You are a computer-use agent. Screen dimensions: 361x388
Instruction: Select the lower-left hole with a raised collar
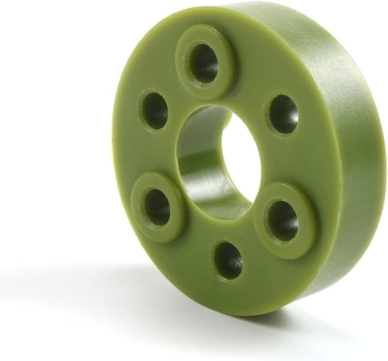(157, 207)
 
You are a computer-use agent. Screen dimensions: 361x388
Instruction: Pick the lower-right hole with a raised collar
(283, 220)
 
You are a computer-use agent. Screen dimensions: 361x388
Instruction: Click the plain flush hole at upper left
(155, 110)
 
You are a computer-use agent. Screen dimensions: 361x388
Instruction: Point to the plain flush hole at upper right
(284, 114)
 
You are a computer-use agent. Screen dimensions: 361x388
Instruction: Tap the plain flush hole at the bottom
(228, 260)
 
